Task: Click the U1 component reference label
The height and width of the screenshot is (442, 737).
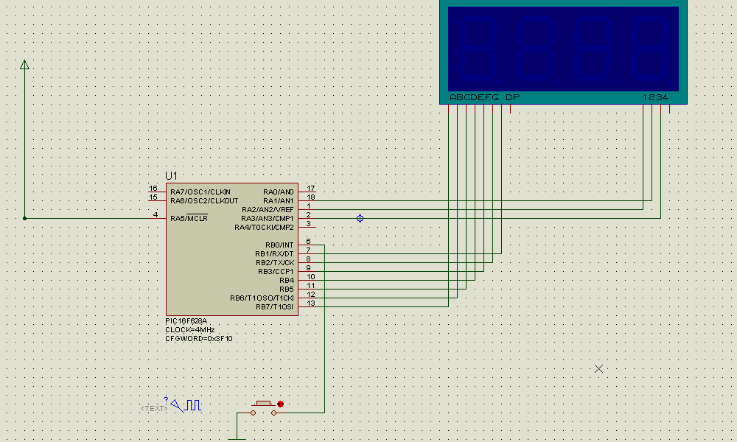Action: [171, 175]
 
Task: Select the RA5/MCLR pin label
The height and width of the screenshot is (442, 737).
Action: [189, 218]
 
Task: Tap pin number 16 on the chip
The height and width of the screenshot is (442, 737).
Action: [153, 189]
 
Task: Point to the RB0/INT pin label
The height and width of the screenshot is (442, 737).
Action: [279, 245]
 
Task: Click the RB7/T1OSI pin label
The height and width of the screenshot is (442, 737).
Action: [274, 306]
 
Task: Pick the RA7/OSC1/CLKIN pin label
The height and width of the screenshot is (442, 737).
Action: [200, 192]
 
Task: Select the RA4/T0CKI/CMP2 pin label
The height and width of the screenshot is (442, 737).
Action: [264, 228]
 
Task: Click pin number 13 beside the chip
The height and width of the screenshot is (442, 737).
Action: [311, 303]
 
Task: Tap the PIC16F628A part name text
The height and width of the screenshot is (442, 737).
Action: [186, 320]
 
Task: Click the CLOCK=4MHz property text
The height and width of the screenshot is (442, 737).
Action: [189, 330]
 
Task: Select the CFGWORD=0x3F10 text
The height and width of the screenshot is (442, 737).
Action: [198, 339]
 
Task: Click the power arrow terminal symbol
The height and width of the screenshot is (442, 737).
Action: [24, 65]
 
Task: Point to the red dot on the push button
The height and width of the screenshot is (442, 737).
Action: [281, 404]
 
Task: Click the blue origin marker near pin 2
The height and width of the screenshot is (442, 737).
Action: [360, 218]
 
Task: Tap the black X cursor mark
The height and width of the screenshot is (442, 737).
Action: [598, 369]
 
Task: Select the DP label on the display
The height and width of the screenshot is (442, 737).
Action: [512, 97]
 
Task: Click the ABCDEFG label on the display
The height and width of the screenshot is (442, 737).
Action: [474, 97]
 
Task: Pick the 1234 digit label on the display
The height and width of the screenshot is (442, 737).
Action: [655, 97]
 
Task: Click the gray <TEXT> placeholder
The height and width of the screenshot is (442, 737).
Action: [154, 409]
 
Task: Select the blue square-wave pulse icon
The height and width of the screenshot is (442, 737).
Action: [192, 405]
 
